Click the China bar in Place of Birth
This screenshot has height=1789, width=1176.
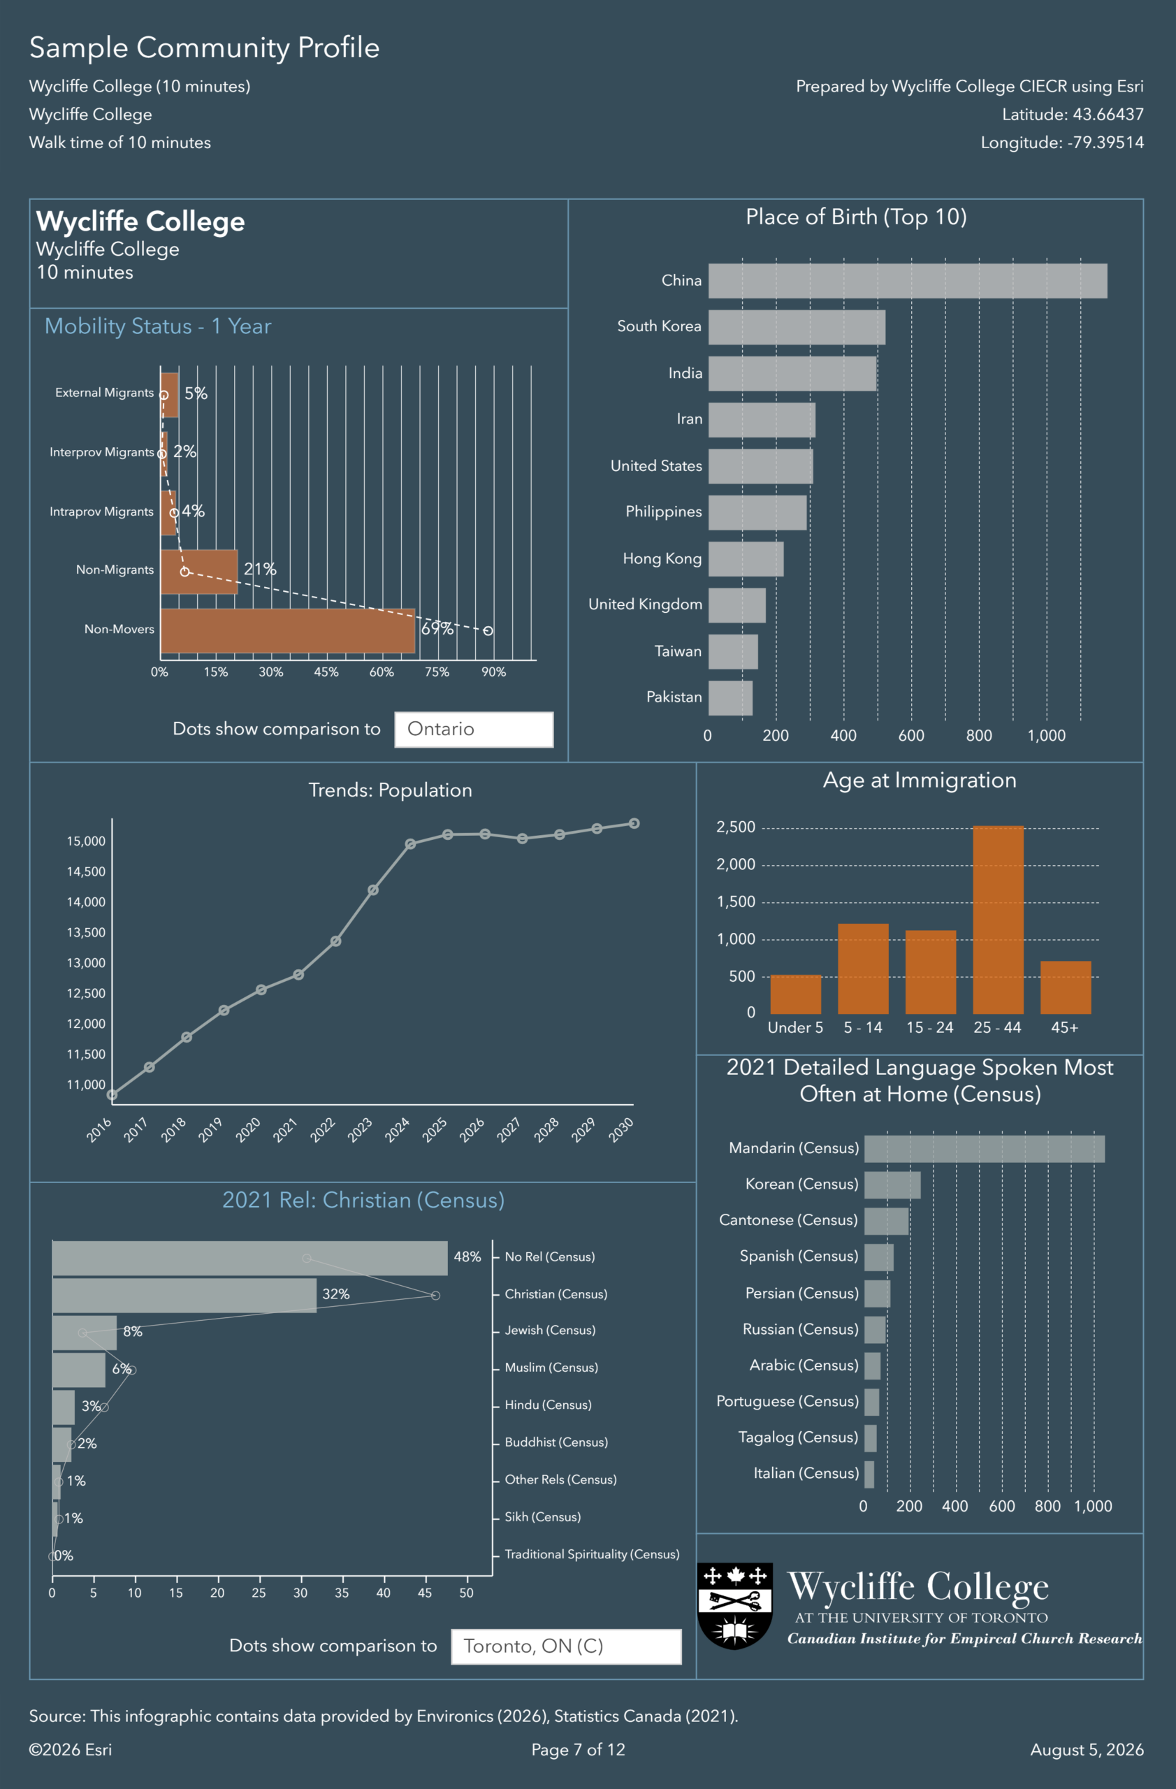(x=908, y=281)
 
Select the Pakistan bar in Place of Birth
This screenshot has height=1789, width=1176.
(x=730, y=698)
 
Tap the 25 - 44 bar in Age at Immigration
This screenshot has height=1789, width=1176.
(x=998, y=920)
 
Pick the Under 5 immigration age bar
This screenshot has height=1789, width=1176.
(x=796, y=994)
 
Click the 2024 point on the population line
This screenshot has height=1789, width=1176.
(x=410, y=844)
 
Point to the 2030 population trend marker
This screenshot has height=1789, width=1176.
(x=634, y=824)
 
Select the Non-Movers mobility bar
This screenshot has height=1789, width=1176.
(x=288, y=630)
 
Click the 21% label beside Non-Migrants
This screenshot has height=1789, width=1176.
(x=260, y=569)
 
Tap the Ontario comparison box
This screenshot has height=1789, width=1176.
(x=474, y=729)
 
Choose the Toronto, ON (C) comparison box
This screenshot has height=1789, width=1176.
(x=567, y=1646)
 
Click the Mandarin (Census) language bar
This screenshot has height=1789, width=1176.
(x=985, y=1149)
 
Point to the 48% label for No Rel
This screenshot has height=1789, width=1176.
(x=467, y=1256)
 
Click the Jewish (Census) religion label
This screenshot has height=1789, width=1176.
(x=550, y=1331)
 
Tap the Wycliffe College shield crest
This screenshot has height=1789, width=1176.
(x=735, y=1607)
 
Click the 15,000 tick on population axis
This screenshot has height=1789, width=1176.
(x=87, y=841)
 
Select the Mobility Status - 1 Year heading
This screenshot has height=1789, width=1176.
(x=158, y=326)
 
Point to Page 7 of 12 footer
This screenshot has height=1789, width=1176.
(x=579, y=1750)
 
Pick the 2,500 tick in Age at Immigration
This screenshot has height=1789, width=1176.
(x=736, y=827)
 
